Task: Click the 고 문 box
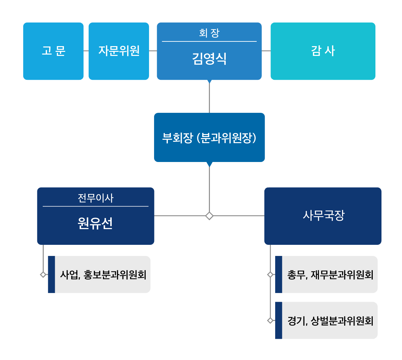pyautogui.click(x=53, y=51)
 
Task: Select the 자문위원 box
pyautogui.click(x=119, y=51)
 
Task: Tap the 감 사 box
pyautogui.click(x=323, y=51)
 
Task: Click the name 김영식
pyautogui.click(x=209, y=59)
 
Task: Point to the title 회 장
pyautogui.click(x=209, y=33)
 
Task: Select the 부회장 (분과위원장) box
pyautogui.click(x=209, y=137)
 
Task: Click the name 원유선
pyautogui.click(x=95, y=223)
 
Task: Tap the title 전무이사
pyautogui.click(x=96, y=198)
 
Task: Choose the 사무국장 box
pyautogui.click(x=323, y=216)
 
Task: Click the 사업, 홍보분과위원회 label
pyautogui.click(x=103, y=275)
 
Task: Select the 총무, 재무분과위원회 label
pyautogui.click(x=330, y=275)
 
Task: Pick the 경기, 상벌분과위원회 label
pyautogui.click(x=330, y=321)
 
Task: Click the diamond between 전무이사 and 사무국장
pyautogui.click(x=209, y=216)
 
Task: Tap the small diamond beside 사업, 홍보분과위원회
pyautogui.click(x=43, y=274)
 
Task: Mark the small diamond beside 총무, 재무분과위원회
pyautogui.click(x=270, y=274)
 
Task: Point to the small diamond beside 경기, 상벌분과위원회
pyautogui.click(x=270, y=320)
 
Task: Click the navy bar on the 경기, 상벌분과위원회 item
pyautogui.click(x=279, y=320)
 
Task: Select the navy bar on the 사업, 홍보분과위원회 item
pyautogui.click(x=51, y=274)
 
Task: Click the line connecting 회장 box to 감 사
pyautogui.click(x=266, y=51)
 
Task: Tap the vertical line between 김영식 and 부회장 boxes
pyautogui.click(x=209, y=98)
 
